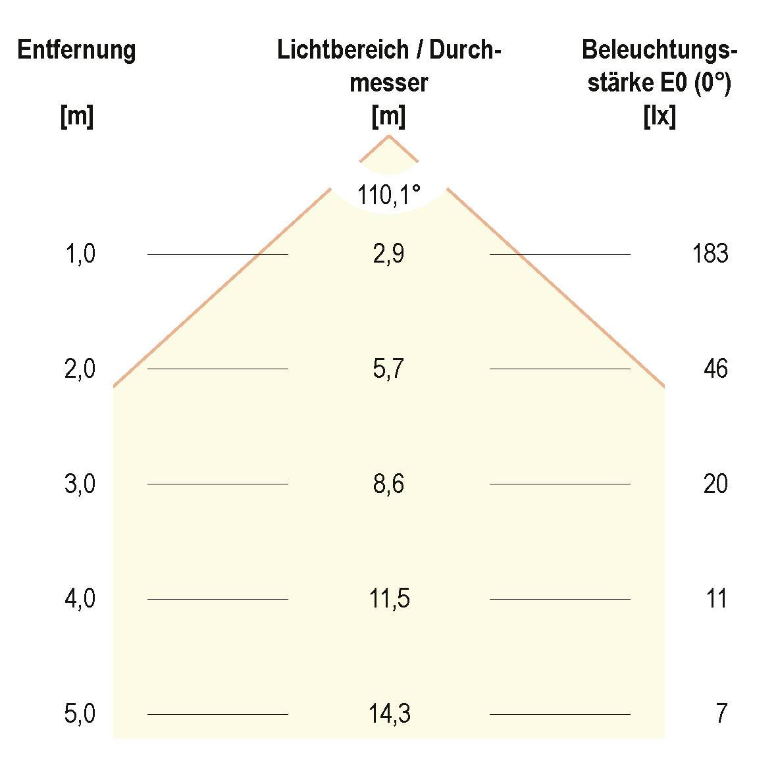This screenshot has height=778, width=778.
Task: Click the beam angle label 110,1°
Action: tap(389, 195)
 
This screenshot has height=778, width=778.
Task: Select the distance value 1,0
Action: tap(80, 253)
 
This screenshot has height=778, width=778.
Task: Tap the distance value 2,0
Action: tap(80, 369)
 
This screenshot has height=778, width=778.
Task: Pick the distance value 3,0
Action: tap(80, 484)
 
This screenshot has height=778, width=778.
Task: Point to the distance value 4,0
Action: tap(80, 599)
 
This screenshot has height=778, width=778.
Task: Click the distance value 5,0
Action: tap(80, 714)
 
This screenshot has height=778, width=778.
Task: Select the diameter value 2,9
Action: tap(388, 253)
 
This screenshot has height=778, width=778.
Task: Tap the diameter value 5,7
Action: tap(388, 369)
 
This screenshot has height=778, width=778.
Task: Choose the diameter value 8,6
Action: tap(388, 484)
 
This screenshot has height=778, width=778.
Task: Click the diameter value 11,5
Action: tap(389, 599)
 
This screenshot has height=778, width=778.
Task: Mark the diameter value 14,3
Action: tap(389, 714)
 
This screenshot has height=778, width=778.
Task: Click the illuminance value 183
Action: tap(710, 253)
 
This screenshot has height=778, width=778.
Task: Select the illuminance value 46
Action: tap(715, 369)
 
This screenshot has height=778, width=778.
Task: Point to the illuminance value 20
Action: tap(715, 484)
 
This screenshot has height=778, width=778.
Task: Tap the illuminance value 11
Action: tap(716, 599)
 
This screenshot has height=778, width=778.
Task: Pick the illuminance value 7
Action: tap(721, 714)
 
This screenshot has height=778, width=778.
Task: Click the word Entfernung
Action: tap(76, 51)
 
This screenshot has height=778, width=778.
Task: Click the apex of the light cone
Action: tap(388, 136)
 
